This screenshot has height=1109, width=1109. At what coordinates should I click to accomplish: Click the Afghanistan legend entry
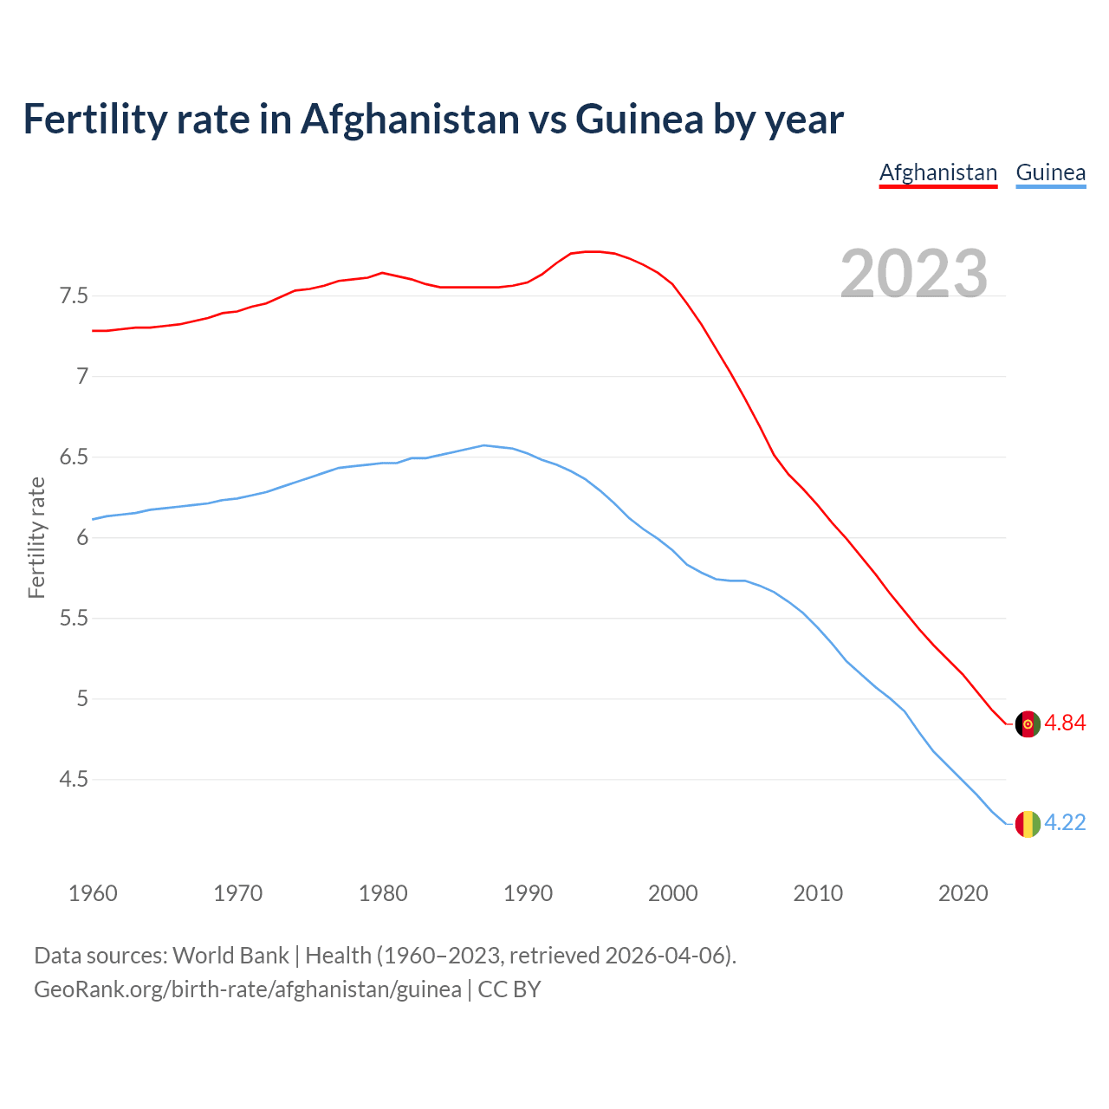pyautogui.click(x=938, y=172)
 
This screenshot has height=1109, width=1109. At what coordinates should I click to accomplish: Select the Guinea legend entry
pyautogui.click(x=1050, y=172)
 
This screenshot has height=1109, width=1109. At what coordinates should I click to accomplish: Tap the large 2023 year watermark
pyautogui.click(x=914, y=274)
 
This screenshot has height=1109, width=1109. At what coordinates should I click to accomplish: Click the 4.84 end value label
pyautogui.click(x=1065, y=723)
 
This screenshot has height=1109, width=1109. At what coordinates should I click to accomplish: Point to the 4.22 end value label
pyautogui.click(x=1065, y=823)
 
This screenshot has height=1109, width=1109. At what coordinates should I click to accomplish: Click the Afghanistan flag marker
pyautogui.click(x=1028, y=724)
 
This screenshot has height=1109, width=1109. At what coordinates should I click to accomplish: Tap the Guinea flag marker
pyautogui.click(x=1028, y=824)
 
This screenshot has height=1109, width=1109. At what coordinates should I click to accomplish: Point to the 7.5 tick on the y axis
pyautogui.click(x=74, y=296)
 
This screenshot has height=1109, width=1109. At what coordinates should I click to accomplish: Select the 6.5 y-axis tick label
pyautogui.click(x=74, y=457)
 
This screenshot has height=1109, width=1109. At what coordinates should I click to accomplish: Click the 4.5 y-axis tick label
pyautogui.click(x=74, y=780)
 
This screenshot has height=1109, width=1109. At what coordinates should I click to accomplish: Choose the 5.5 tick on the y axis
pyautogui.click(x=74, y=619)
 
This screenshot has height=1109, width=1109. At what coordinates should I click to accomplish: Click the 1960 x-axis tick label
pyautogui.click(x=93, y=893)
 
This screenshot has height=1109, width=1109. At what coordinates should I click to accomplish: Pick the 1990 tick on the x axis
pyautogui.click(x=528, y=893)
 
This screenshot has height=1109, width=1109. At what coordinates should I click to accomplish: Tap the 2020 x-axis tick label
pyautogui.click(x=963, y=893)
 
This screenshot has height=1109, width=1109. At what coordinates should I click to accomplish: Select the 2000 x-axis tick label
pyautogui.click(x=672, y=893)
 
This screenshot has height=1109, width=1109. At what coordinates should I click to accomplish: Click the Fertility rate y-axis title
pyautogui.click(x=36, y=537)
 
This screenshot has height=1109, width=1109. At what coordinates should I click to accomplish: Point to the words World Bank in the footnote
pyautogui.click(x=230, y=956)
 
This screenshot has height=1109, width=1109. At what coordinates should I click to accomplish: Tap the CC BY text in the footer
pyautogui.click(x=509, y=989)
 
